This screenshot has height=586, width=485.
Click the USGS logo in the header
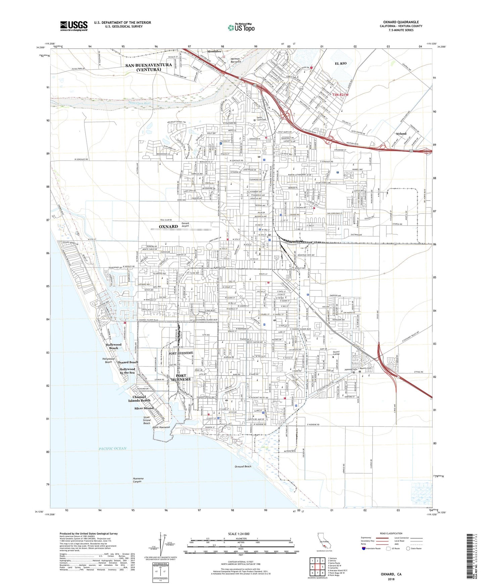(x=74, y=26)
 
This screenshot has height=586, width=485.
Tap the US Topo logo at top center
(x=241, y=28)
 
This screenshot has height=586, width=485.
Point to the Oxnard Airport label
(x=185, y=225)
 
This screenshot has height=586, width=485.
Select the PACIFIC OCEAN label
(x=113, y=448)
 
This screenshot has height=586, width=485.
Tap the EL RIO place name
(x=340, y=63)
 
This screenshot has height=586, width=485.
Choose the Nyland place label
(x=401, y=134)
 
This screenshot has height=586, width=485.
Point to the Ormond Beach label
(x=243, y=467)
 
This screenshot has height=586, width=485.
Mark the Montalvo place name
(x=214, y=51)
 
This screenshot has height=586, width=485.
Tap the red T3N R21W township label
(x=341, y=95)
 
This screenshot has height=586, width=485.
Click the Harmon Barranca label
(x=235, y=60)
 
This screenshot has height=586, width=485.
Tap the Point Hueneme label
(x=161, y=427)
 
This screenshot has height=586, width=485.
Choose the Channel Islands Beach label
(x=139, y=399)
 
